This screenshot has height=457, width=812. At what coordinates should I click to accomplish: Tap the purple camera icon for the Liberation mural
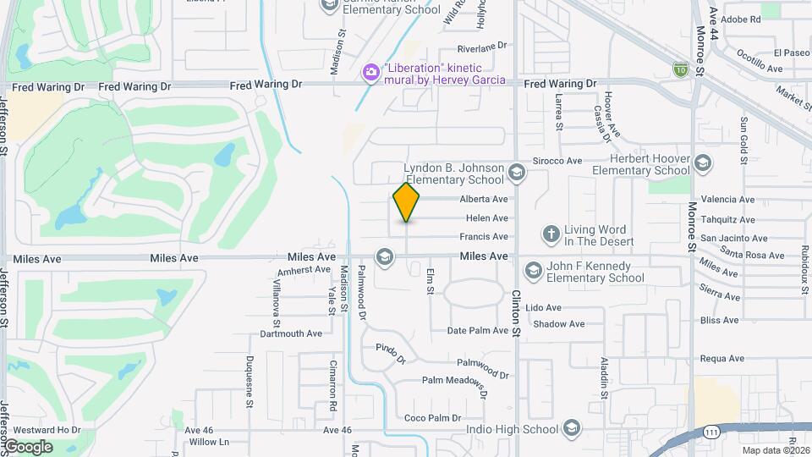click(x=370, y=72)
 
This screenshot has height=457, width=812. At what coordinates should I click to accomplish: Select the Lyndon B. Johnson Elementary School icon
click(x=517, y=173)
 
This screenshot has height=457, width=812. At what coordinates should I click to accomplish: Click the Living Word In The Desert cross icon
click(x=551, y=234)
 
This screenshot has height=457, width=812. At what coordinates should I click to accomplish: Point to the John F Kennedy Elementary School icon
click(x=533, y=271)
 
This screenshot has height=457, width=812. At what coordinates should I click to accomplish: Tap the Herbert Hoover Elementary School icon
click(x=702, y=163)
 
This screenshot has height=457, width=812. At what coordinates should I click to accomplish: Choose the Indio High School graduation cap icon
click(x=572, y=428)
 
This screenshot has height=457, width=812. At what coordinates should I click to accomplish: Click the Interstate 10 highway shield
click(x=680, y=67)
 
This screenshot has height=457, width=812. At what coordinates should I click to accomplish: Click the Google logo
click(x=29, y=447)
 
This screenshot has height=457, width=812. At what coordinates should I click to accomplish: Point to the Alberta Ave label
click(x=484, y=200)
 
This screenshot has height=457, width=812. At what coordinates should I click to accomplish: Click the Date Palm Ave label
click(x=478, y=331)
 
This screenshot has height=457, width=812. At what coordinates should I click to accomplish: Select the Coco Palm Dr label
click(x=432, y=418)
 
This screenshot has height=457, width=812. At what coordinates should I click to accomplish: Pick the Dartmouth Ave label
click(x=291, y=333)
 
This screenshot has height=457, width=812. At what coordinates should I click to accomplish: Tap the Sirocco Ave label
click(x=557, y=161)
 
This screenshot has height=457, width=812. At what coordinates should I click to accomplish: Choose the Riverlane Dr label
click(x=481, y=47)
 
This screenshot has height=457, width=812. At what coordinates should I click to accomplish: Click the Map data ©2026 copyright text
click(x=775, y=450)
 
